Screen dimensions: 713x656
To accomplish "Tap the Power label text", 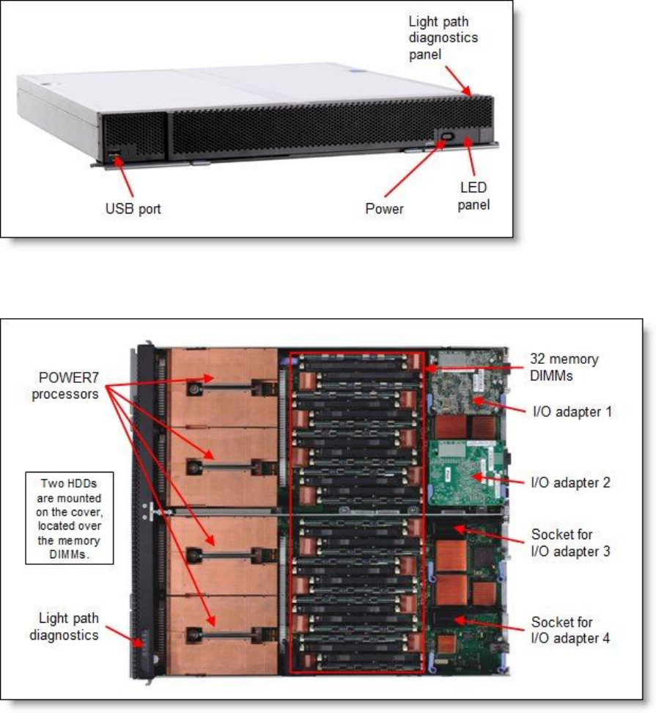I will click(385, 209).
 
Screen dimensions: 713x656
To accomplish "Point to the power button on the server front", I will click(446, 137).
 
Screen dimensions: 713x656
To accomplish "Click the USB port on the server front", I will click(114, 156).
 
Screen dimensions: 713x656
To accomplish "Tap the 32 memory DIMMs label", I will click(564, 367).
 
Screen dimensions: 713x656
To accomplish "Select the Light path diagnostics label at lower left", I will click(64, 628).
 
